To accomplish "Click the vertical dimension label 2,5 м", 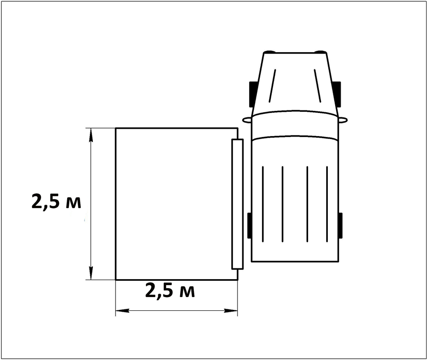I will (56, 202).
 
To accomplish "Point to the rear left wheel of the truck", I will (250, 225).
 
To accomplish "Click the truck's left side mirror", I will (247, 119).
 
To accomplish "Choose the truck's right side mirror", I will (343, 120).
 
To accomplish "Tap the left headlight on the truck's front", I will (269, 52).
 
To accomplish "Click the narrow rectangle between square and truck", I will (237, 204).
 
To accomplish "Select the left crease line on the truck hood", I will (273, 86).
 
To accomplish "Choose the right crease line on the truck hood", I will (318, 86).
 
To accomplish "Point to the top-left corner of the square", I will (116, 128).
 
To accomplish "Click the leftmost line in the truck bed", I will (263, 203).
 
